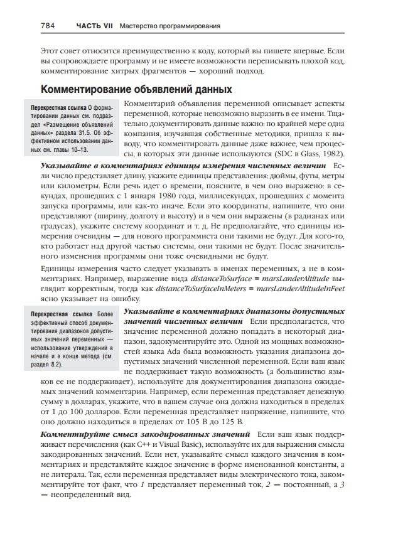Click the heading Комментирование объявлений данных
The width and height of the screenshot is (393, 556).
pyautogui.click(x=136, y=89)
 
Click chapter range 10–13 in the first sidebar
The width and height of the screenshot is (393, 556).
pyautogui.click(x=75, y=151)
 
